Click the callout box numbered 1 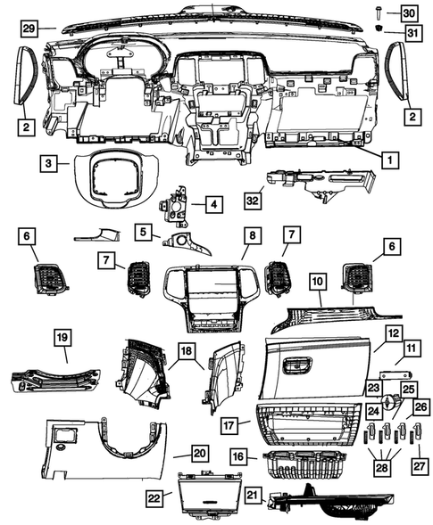388,161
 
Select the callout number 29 29,29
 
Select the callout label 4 212,204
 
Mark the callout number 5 142,233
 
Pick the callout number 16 238,455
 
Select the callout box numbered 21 252,494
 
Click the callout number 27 417,464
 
